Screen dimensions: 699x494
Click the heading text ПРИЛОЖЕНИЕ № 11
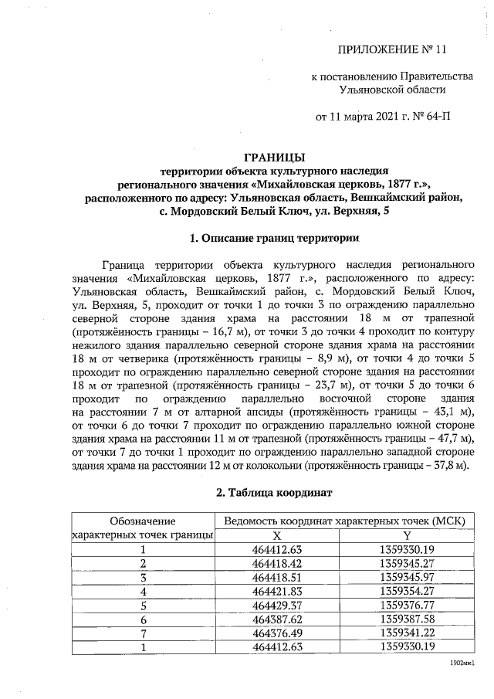(393, 51)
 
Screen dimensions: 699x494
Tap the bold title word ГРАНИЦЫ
(274, 157)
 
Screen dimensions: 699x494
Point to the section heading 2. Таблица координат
(274, 493)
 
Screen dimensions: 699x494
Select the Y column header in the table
(407, 536)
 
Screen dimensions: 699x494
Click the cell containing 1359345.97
(407, 578)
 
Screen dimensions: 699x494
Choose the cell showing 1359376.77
(407, 605)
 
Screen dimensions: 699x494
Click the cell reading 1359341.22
(407, 633)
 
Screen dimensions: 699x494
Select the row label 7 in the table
(143, 633)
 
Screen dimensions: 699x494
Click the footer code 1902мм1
(461, 663)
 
